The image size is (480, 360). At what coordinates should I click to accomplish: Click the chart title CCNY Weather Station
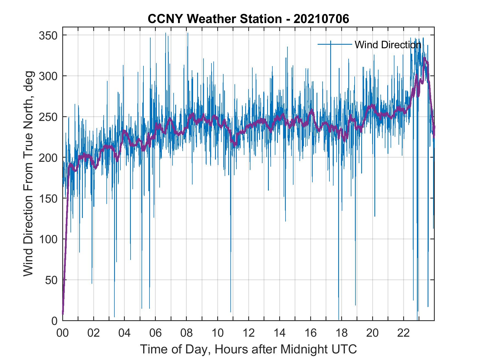pos(248,19)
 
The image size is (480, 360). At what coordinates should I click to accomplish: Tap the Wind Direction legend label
pos(388,44)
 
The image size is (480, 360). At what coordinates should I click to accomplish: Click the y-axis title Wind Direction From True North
pos(28,174)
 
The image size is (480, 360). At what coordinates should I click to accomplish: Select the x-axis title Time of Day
pos(249,349)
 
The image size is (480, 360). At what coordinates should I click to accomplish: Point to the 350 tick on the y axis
pos(48,35)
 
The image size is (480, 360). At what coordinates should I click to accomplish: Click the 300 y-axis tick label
pos(48,76)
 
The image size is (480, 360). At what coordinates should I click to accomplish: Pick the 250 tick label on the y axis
pos(48,117)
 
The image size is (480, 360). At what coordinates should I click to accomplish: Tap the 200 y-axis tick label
pos(48,158)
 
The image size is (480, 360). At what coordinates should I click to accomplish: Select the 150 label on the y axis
pos(48,198)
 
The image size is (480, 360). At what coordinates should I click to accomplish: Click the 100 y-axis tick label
pos(48,239)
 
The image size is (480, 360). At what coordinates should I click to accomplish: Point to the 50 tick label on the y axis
pos(51,280)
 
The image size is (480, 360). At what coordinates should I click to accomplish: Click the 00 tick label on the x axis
pos(63,333)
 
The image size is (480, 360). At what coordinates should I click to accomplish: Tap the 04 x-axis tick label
pos(125,333)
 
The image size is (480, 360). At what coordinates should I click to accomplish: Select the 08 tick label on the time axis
pos(187,333)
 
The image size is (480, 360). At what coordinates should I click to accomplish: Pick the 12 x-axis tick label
pos(249,333)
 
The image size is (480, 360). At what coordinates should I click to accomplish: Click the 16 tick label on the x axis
pos(310,333)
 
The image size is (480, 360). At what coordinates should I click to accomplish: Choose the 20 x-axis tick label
pos(372,333)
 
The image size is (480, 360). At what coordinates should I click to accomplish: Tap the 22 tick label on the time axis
pos(403,333)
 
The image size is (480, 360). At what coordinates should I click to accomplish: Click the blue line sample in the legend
pos(335,44)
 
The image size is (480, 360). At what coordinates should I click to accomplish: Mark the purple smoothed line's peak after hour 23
pos(424,58)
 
